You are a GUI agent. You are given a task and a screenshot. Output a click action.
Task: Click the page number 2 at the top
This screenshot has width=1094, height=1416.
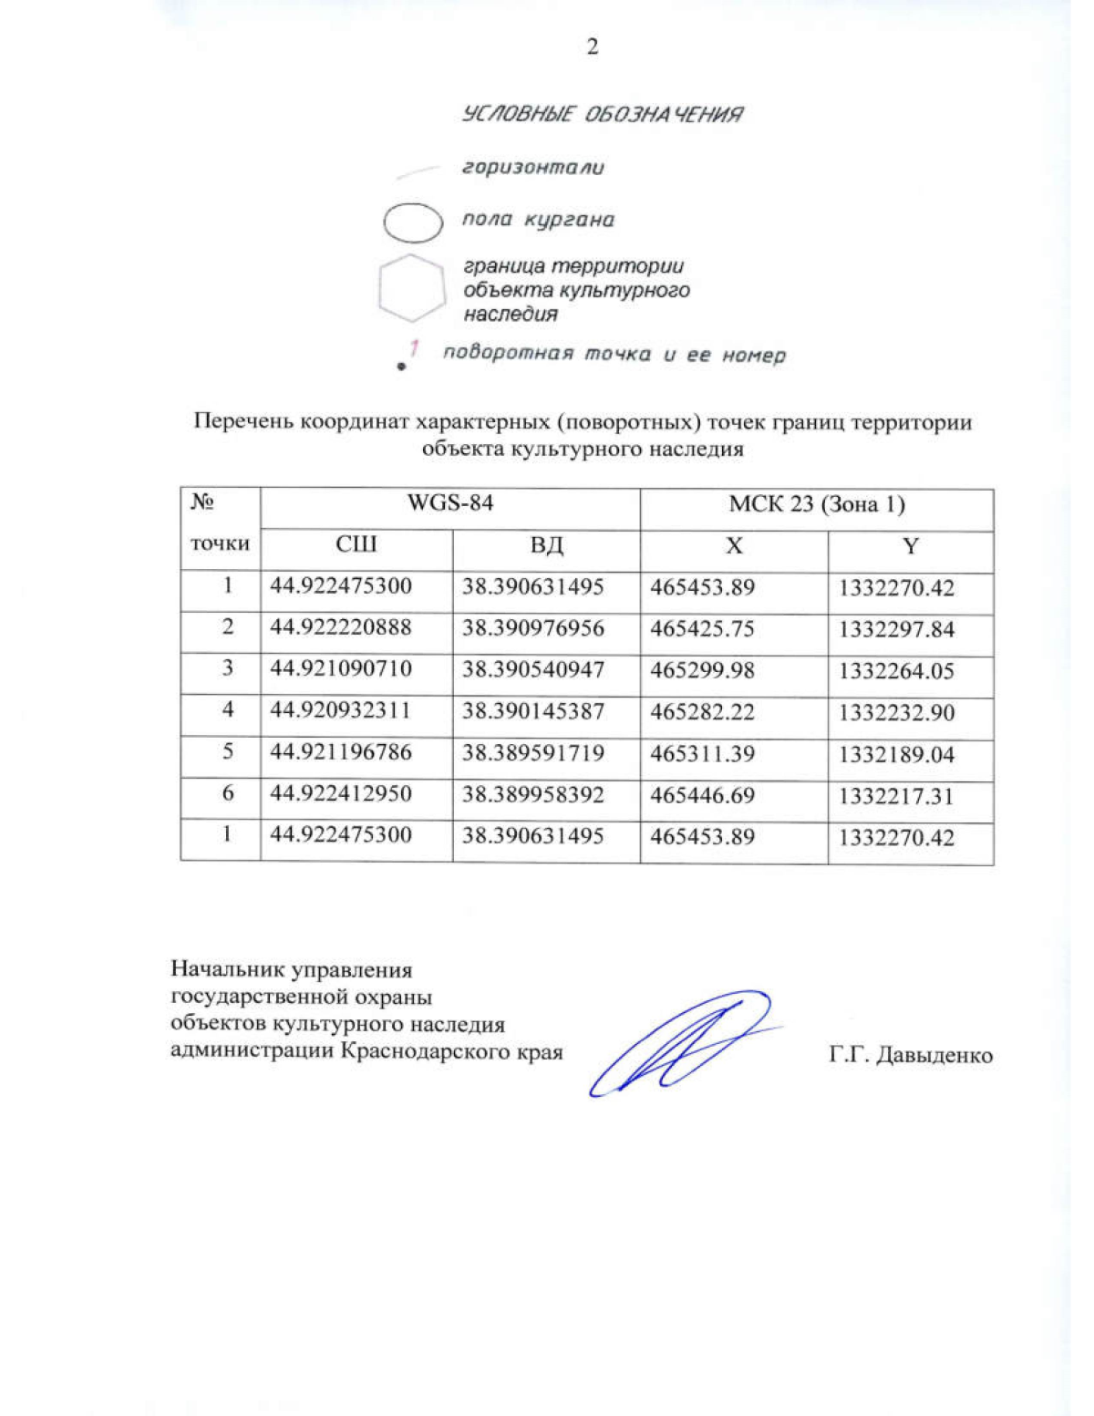(x=593, y=47)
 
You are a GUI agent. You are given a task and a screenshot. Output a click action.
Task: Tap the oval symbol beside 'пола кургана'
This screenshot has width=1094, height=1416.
(x=412, y=222)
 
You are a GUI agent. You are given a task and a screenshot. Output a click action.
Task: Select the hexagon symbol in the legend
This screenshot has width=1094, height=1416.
(x=411, y=288)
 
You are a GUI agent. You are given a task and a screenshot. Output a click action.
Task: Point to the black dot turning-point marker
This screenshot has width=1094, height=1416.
(x=401, y=367)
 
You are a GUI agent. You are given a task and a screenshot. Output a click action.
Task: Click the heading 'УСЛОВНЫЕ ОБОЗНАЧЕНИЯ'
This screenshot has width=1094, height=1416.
(x=603, y=115)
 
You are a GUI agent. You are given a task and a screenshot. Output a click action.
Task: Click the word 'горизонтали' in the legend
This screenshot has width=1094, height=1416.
(x=532, y=168)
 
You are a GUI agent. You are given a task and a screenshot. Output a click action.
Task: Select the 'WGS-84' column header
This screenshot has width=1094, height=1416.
(x=449, y=503)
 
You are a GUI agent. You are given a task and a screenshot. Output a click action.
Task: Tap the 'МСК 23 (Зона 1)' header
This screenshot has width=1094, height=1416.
(x=816, y=505)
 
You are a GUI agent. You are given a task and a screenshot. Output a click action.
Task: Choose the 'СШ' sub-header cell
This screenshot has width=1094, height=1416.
(x=356, y=545)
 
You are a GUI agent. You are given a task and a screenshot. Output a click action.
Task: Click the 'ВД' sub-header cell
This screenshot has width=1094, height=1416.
(x=546, y=545)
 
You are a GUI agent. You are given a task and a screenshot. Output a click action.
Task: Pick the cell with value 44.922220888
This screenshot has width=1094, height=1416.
(x=341, y=628)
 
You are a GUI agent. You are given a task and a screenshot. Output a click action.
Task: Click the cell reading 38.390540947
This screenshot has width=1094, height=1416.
(x=532, y=670)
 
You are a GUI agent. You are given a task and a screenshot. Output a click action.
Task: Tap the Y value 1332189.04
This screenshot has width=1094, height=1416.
(x=896, y=755)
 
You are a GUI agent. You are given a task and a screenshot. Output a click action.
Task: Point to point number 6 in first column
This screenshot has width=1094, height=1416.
(x=228, y=794)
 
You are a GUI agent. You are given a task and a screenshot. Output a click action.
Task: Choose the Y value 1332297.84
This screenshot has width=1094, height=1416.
(x=896, y=630)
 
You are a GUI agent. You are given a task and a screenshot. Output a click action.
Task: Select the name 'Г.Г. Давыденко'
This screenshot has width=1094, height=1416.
(x=910, y=1056)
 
